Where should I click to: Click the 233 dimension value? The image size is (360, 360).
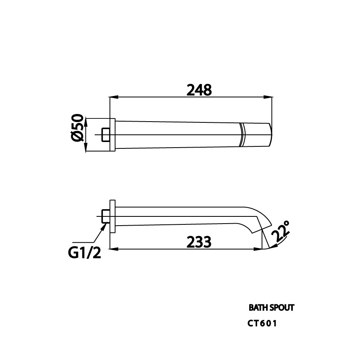click(x=199, y=242)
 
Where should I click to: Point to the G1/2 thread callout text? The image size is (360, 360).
click(x=84, y=252)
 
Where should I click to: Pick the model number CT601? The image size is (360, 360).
click(x=262, y=323)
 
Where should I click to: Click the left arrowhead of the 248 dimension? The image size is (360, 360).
click(x=112, y=97)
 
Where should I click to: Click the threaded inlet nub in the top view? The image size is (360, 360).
click(x=106, y=134)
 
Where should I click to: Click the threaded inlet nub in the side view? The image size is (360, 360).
click(x=106, y=217)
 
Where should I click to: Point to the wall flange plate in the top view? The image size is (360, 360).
click(x=113, y=134)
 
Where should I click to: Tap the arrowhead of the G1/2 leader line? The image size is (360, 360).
click(x=106, y=225)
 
